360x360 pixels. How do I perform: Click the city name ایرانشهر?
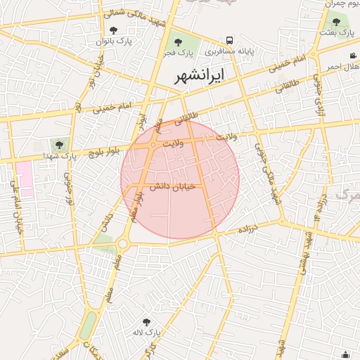point(209,75)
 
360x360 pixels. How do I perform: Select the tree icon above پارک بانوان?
point(113,30)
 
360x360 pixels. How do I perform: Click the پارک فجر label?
point(180,53)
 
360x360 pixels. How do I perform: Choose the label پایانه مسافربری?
point(229,52)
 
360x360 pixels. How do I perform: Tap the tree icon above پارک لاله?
point(146,321)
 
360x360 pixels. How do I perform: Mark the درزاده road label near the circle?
point(249,230)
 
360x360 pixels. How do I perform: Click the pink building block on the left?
point(25,179)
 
